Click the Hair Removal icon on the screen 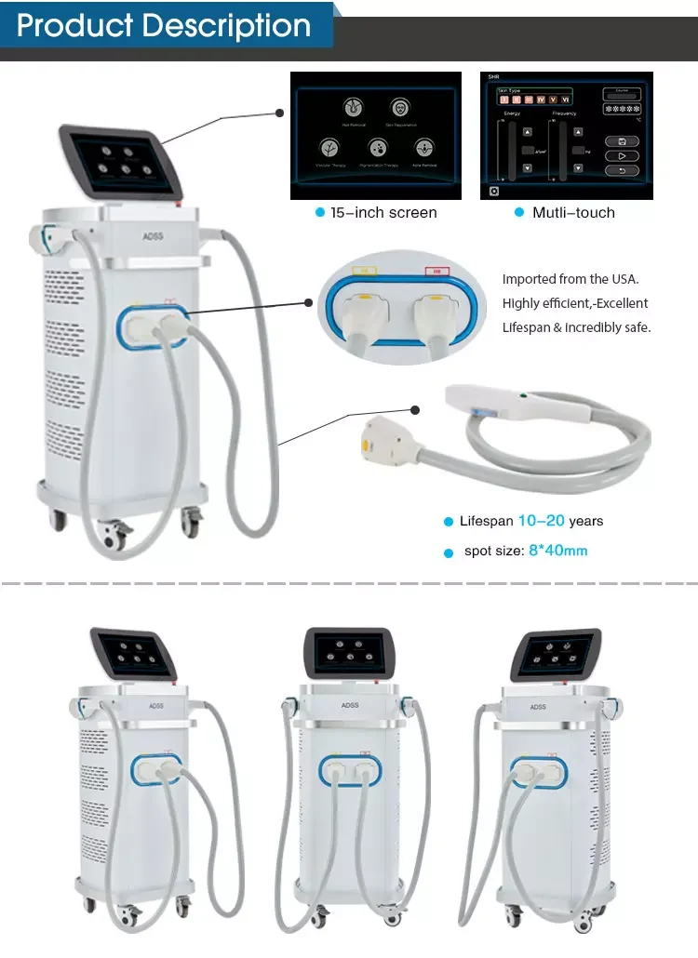(354, 105)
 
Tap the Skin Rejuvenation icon (399, 107)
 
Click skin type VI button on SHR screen (564, 99)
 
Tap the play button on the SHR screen (621, 155)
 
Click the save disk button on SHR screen (621, 141)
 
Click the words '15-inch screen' (383, 213)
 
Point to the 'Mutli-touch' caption (573, 213)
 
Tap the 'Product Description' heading (164, 25)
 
